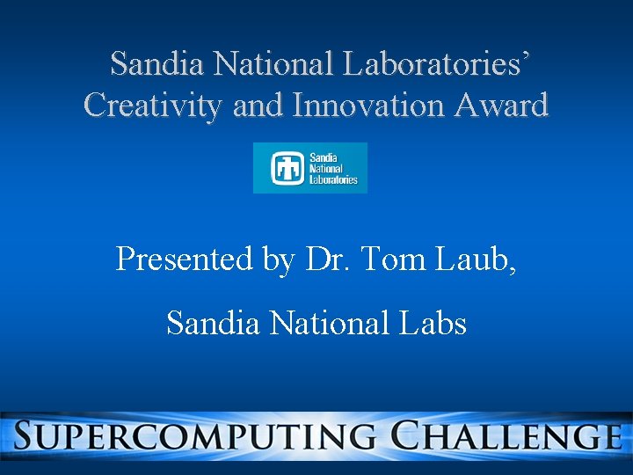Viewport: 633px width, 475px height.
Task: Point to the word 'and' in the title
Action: (259, 106)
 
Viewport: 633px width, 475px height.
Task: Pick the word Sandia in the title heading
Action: (158, 63)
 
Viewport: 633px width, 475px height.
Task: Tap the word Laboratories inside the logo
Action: (333, 179)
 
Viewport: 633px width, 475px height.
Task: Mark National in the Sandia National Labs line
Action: (329, 324)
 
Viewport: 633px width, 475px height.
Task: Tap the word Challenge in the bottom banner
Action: (507, 436)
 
